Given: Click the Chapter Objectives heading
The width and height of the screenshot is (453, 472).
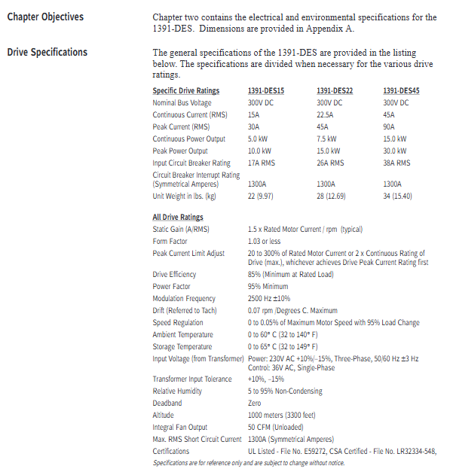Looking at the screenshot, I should pos(45,17).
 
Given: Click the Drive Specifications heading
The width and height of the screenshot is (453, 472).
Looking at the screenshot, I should pos(47,53).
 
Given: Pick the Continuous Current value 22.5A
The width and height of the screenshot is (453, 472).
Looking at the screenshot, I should pos(325,114).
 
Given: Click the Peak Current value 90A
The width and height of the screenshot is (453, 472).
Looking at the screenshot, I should pos(389,126).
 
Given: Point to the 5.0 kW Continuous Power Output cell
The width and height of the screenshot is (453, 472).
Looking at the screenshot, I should pos(259,139).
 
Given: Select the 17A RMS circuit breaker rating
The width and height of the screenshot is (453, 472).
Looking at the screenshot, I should pos(262,163).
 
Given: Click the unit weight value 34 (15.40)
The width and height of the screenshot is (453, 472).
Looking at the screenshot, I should pos(399,196).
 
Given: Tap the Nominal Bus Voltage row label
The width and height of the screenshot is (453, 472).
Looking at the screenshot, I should pos(182,102).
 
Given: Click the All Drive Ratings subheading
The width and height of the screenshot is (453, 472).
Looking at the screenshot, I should pos(178,218).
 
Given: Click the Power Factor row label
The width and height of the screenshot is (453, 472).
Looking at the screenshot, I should pos(172,287).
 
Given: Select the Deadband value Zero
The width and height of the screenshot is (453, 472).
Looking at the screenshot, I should pos(256,403).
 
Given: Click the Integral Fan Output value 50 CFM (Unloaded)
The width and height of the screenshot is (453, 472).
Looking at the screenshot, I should pos(277,427).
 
